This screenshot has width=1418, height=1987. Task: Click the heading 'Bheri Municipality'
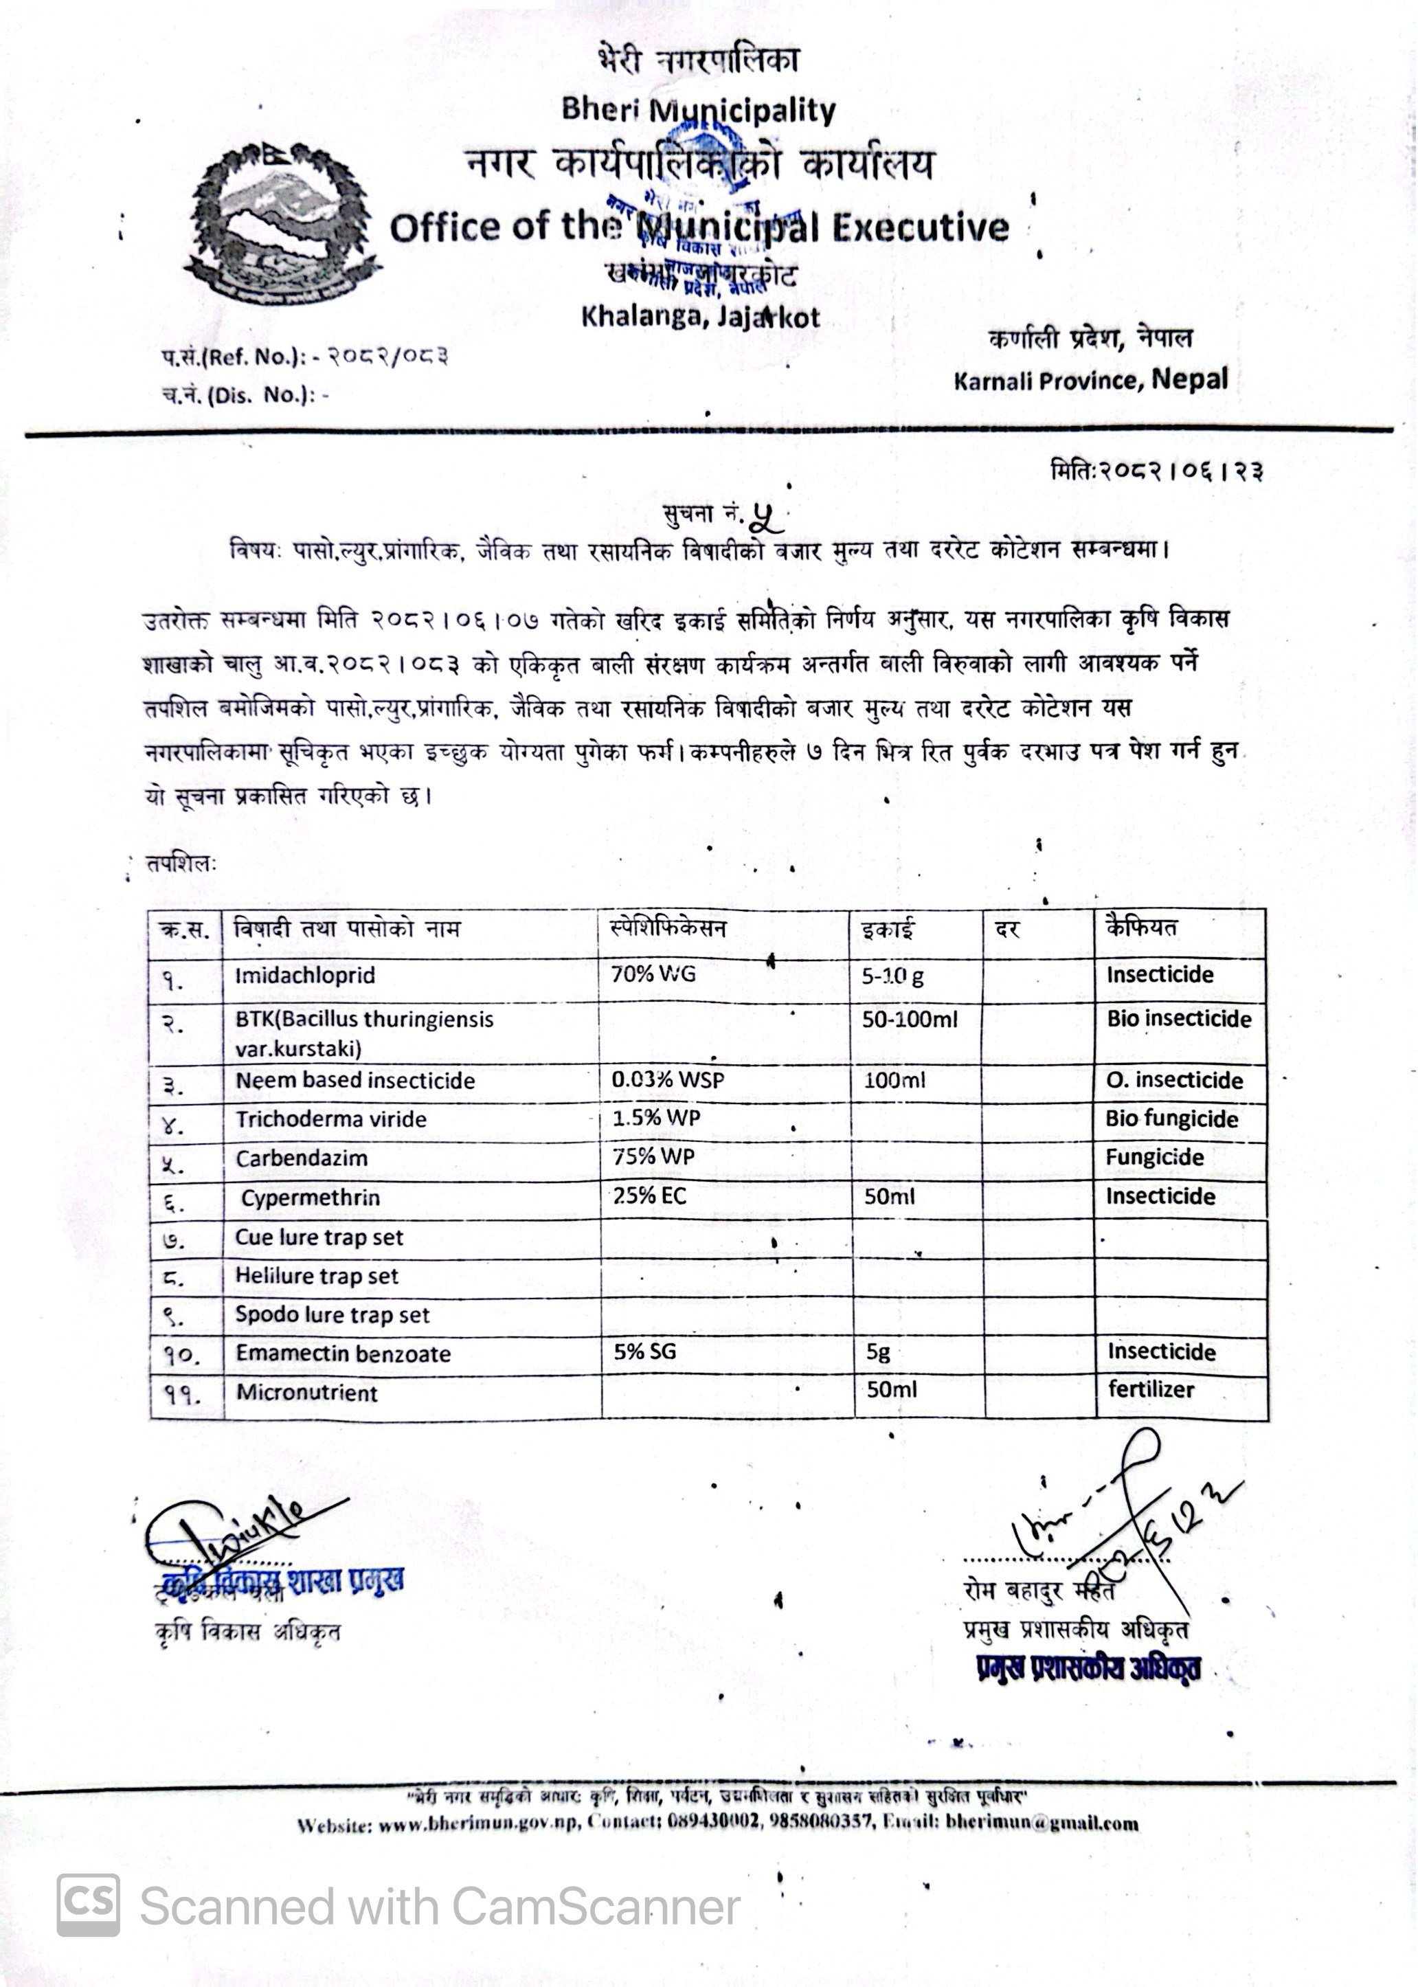coord(699,110)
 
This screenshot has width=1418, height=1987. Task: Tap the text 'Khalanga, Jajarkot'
coord(700,316)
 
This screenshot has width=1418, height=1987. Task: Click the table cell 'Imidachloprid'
coord(305,975)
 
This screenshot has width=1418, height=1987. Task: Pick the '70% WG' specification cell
coord(653,974)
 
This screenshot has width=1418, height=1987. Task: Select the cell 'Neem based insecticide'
coord(355,1081)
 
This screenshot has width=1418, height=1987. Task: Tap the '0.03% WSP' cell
coord(668,1080)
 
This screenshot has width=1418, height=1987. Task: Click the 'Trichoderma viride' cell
coord(331,1119)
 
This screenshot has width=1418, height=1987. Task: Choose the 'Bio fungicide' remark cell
coord(1172,1119)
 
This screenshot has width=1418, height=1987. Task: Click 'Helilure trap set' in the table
coord(316,1277)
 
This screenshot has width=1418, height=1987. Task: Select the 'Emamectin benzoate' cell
coord(343,1354)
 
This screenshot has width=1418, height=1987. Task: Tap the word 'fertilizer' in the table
coord(1151,1390)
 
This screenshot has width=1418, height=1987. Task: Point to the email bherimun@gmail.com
coord(1042,1823)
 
